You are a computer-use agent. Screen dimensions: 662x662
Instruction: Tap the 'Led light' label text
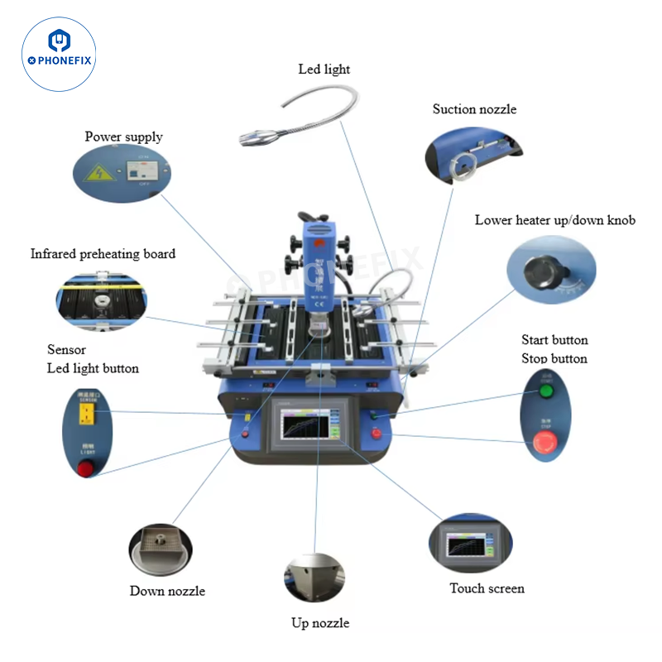point(324,70)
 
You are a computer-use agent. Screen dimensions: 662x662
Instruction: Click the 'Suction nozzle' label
point(474,109)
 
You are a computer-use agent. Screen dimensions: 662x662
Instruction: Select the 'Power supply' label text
point(123,137)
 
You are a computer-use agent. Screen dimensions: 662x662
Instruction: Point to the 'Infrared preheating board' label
point(103,254)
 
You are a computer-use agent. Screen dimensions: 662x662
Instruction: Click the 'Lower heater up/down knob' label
point(554,220)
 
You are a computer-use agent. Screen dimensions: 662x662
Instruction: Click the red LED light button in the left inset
point(85,469)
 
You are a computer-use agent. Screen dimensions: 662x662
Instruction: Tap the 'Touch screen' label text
point(487,588)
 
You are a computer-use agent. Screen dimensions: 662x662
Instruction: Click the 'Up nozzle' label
point(320,623)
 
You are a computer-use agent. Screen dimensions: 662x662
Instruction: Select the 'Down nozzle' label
point(167,591)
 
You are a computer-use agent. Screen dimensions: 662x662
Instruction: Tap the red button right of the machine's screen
point(377,434)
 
